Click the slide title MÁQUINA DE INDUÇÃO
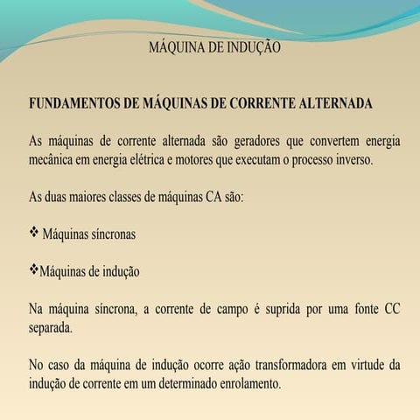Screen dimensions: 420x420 point(215,47)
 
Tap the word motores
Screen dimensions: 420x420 point(223,161)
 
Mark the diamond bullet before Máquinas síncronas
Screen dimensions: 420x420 point(35,234)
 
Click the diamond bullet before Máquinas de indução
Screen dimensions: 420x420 point(34,270)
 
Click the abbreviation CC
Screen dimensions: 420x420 point(391,310)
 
